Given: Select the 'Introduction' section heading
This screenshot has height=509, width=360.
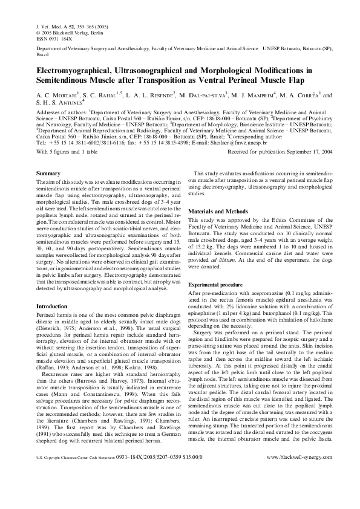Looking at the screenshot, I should tap(52, 307).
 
